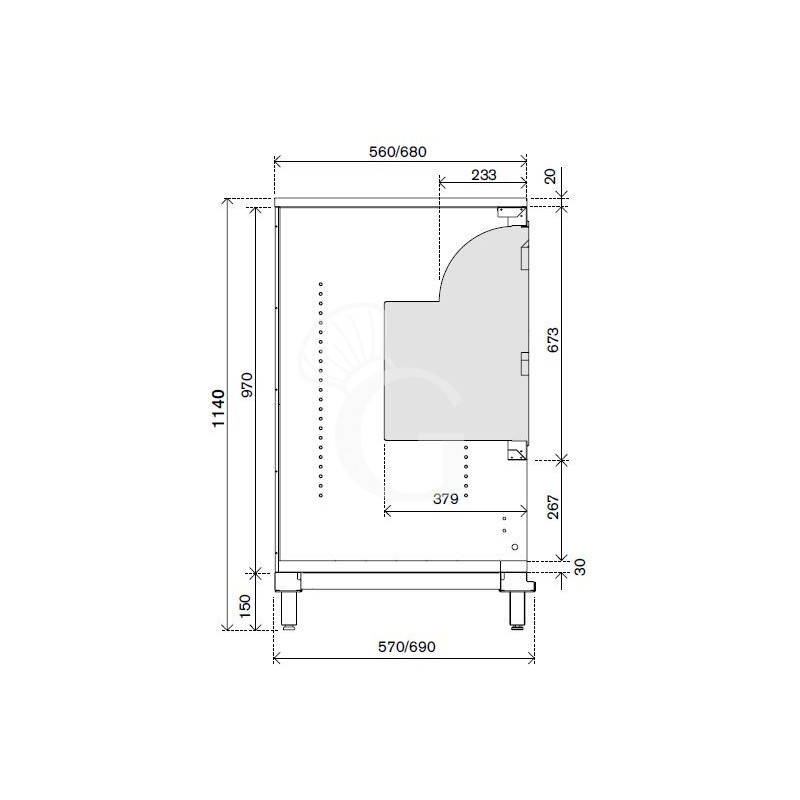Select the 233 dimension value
coord(483,175)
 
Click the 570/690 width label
coord(405,647)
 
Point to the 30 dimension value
coord(579,566)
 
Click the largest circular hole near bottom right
coord(514,547)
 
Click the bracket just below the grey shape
coord(515,453)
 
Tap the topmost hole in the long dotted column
coord(320,284)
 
